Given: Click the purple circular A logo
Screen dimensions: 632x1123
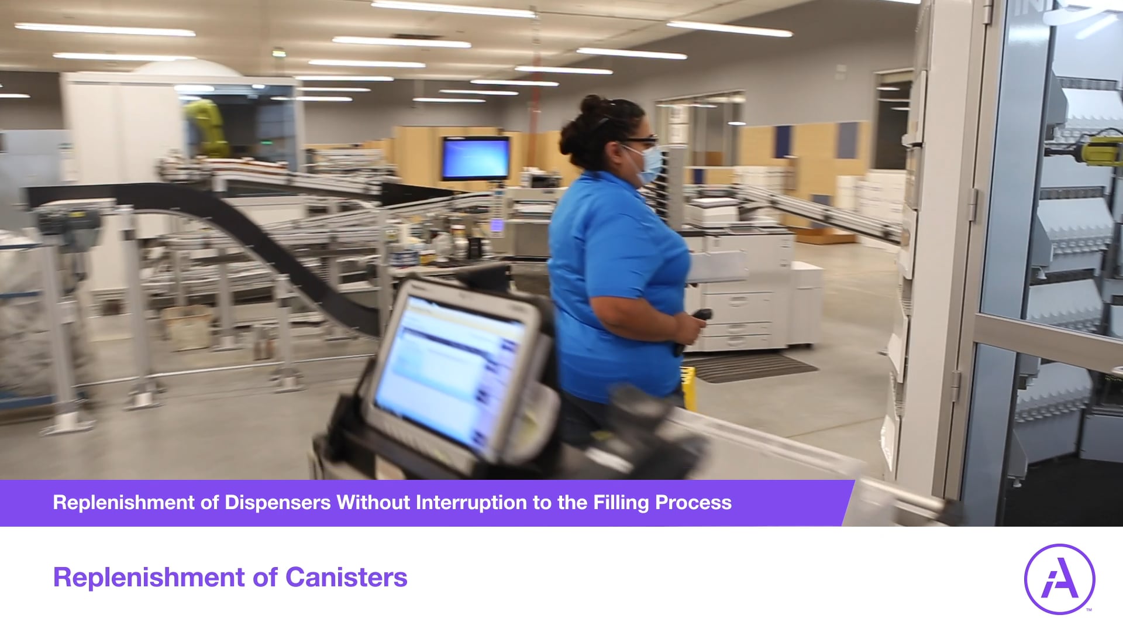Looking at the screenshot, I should pos(1059,579).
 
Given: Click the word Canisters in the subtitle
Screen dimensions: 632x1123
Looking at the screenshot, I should pos(346,578).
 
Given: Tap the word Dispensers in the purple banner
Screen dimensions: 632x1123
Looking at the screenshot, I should pos(277,503).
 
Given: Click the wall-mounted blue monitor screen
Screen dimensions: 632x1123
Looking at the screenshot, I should pos(475,158).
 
